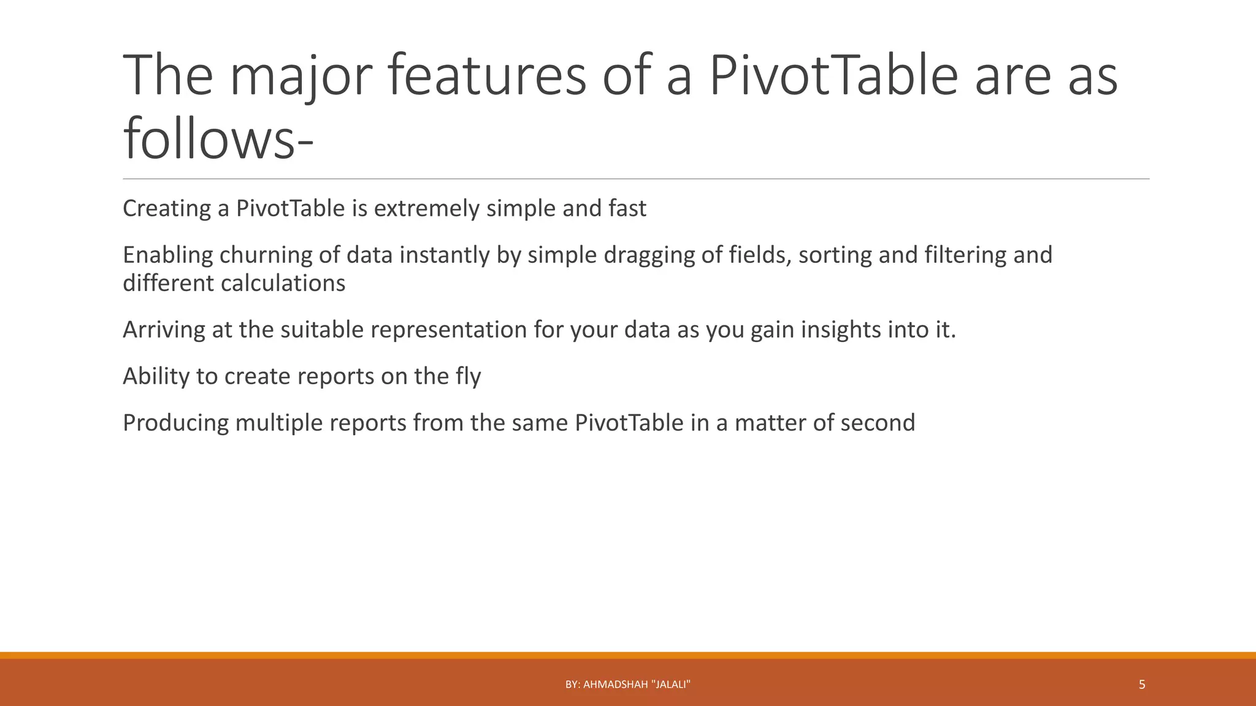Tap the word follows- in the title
coord(218,140)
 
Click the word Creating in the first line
coord(167,209)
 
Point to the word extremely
coord(426,209)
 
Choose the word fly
coord(468,377)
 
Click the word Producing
coord(175,423)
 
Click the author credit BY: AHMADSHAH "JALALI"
coord(627,685)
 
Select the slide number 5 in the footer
coord(1141,685)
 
